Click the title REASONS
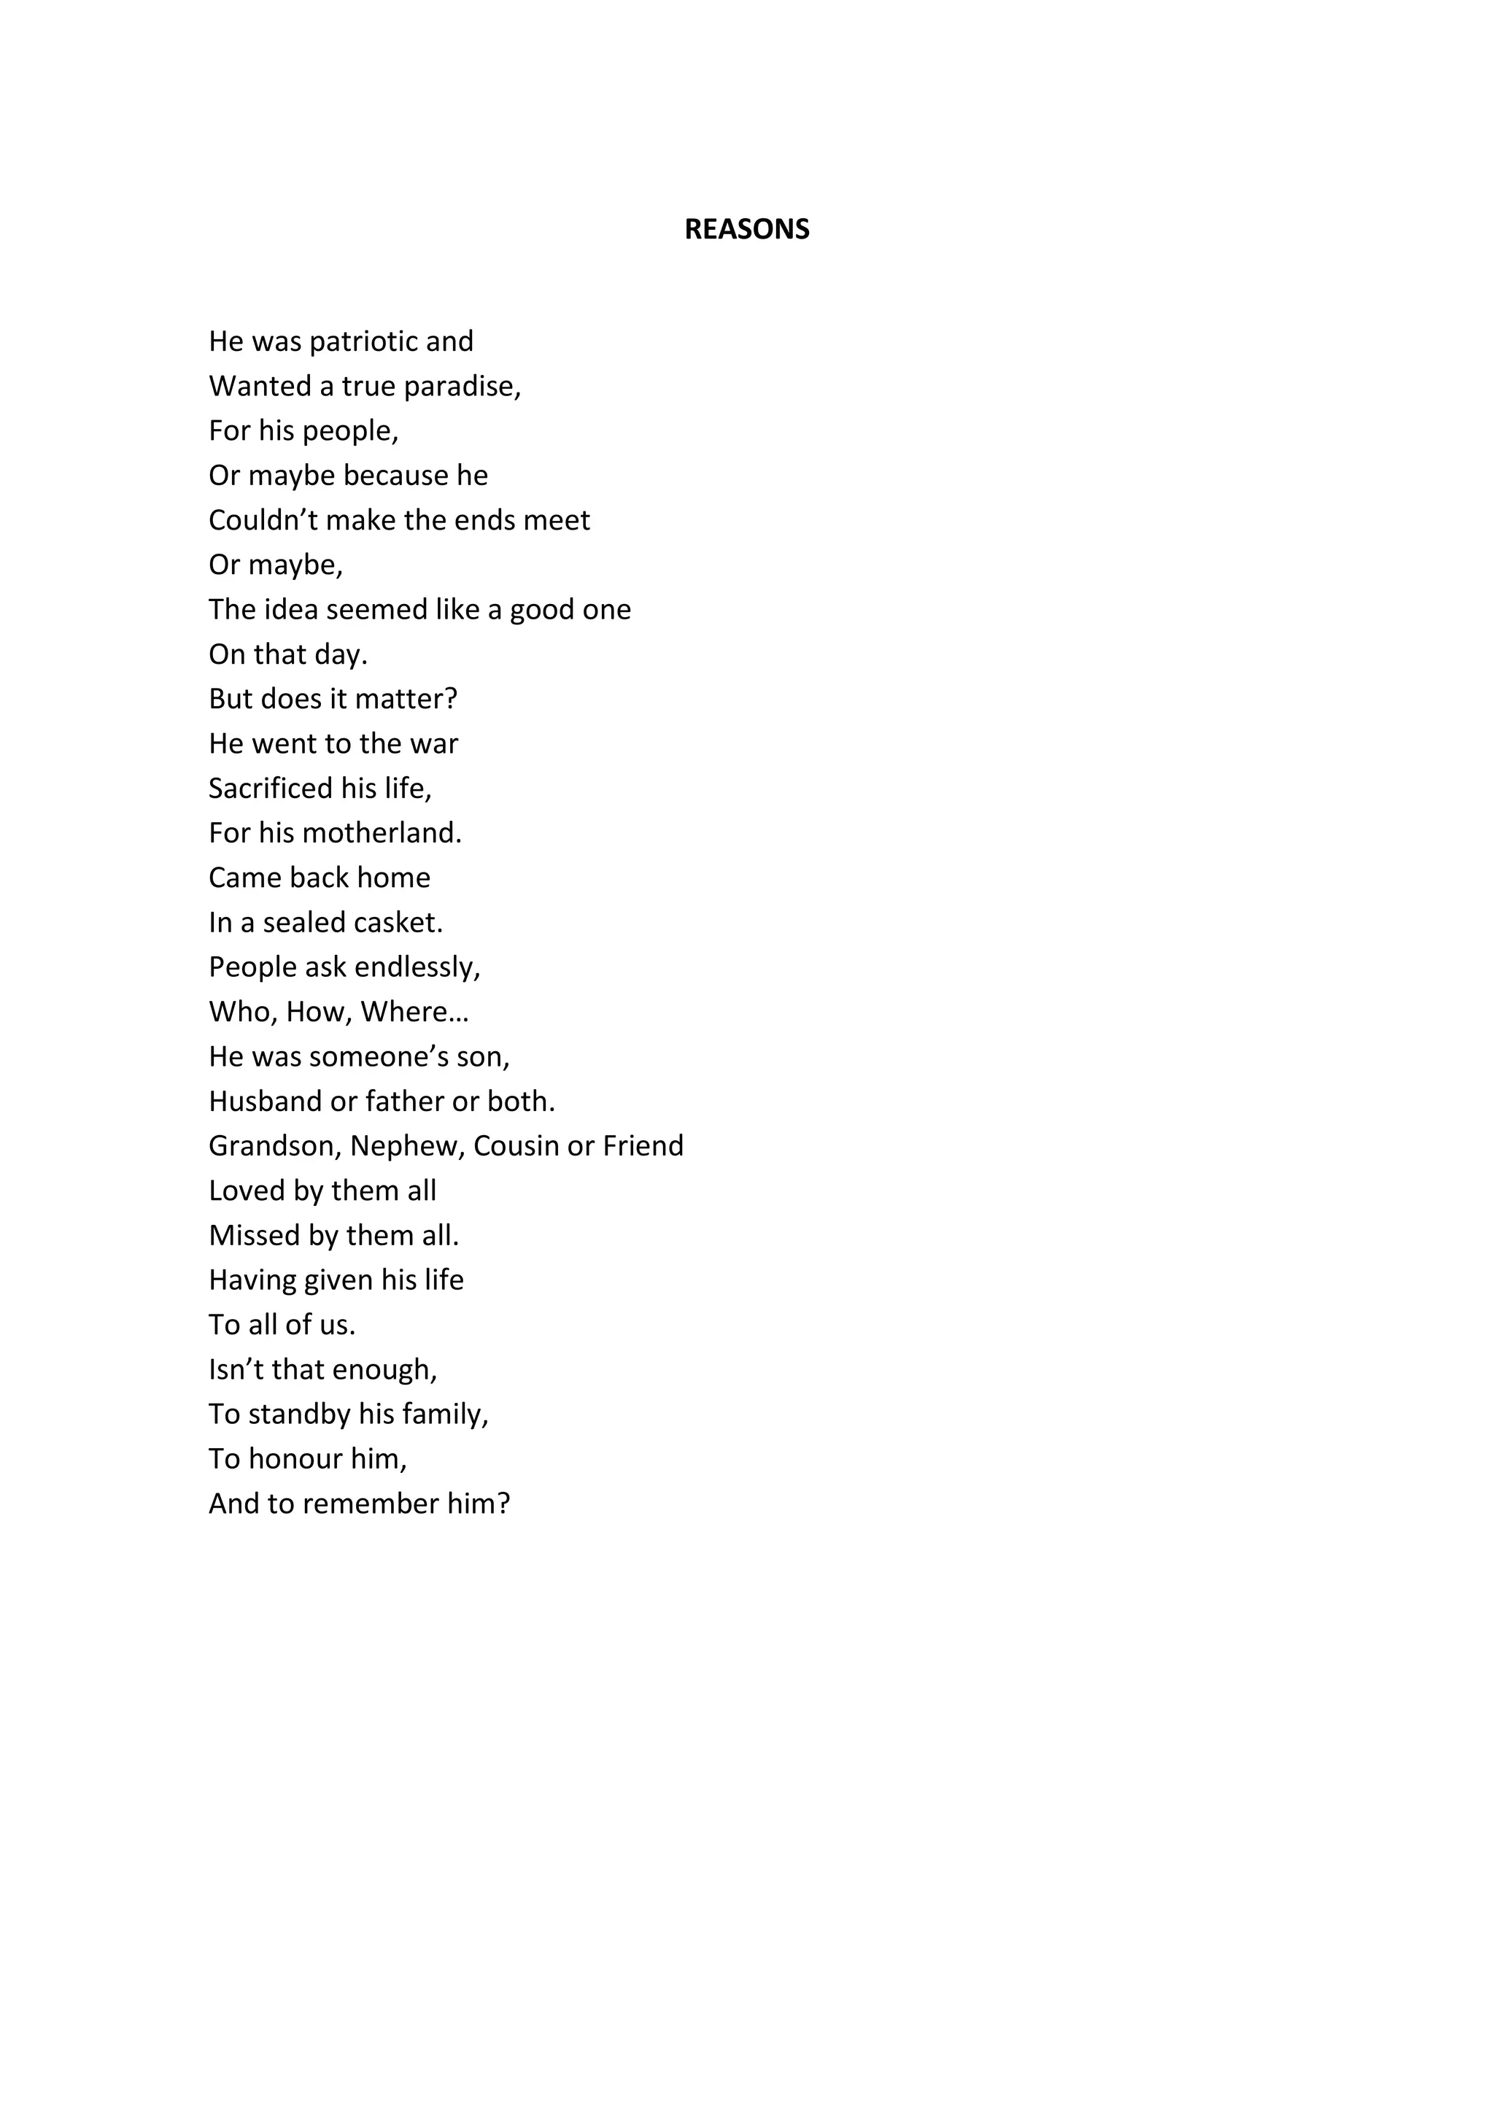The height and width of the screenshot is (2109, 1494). click(746, 229)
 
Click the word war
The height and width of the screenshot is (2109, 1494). click(434, 744)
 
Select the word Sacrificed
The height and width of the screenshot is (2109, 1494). click(271, 789)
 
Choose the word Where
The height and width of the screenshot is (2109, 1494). click(409, 1012)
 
